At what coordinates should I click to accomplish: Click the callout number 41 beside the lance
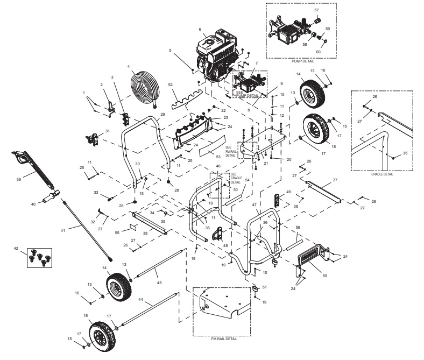(62, 230)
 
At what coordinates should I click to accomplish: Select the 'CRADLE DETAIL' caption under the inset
(383, 174)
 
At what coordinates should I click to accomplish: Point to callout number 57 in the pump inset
(316, 10)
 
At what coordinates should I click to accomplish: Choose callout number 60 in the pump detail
(318, 52)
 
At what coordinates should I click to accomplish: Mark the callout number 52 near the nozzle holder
(170, 86)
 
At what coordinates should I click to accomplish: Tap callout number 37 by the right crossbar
(335, 180)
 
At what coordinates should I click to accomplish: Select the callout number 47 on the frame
(255, 206)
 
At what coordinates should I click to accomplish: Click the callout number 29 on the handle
(162, 115)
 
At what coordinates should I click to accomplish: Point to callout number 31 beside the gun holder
(108, 131)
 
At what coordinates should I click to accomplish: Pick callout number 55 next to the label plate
(118, 232)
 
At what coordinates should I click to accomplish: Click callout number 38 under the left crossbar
(145, 234)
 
